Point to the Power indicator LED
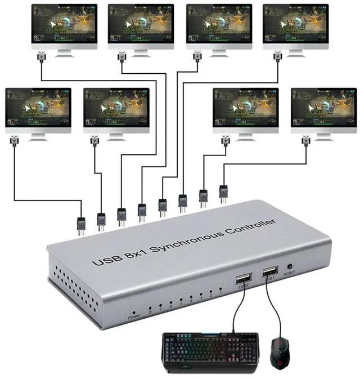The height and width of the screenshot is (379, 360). pos(133,311)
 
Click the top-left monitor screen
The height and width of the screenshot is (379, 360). pos(64,26)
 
